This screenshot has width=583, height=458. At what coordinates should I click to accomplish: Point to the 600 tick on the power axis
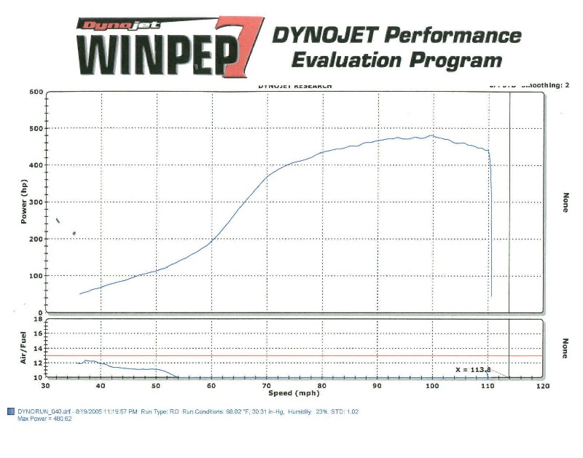[36, 92]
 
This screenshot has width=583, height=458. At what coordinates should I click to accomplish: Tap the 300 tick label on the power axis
[36, 202]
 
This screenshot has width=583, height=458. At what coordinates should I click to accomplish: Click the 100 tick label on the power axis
[36, 276]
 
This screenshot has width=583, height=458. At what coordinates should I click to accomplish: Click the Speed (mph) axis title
[294, 392]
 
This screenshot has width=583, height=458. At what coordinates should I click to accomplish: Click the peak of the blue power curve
[432, 135]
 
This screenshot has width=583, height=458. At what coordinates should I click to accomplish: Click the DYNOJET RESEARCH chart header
[294, 86]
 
